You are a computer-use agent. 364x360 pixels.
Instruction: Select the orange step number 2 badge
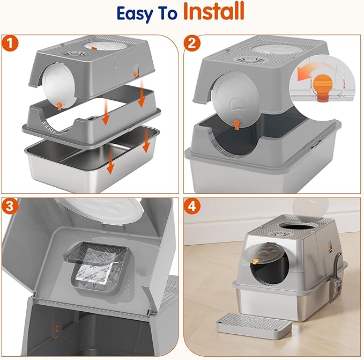[x=192, y=43]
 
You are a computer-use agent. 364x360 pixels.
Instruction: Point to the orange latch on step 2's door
[x=236, y=126]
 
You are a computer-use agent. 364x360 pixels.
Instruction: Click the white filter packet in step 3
[x=96, y=269]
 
